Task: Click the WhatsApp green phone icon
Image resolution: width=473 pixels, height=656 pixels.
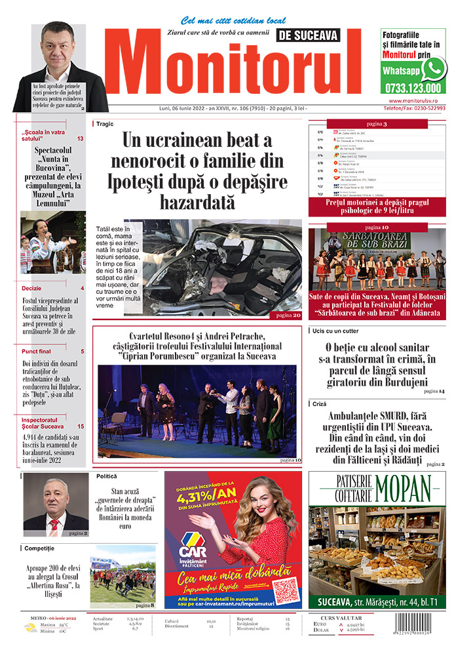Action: (x=433, y=68)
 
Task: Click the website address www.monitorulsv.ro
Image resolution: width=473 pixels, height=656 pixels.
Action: (x=417, y=101)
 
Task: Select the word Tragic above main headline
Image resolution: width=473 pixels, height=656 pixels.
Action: (x=105, y=123)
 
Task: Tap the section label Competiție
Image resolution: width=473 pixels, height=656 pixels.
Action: (x=41, y=547)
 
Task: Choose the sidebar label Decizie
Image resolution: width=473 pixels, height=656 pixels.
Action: (x=31, y=288)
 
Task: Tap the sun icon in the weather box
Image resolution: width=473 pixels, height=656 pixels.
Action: (x=30, y=628)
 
